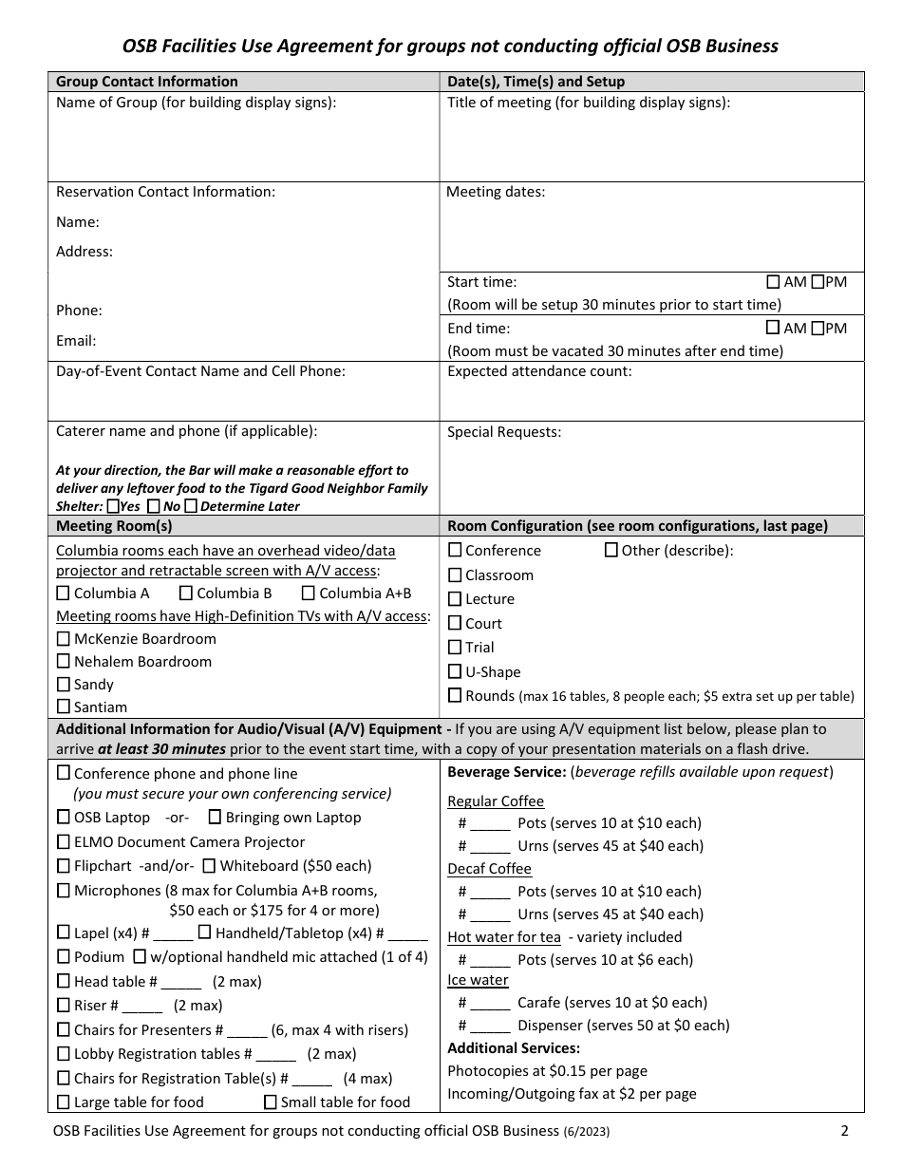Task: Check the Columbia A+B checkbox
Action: click(x=308, y=593)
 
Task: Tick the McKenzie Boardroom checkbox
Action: click(x=64, y=639)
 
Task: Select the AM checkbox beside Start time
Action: click(x=773, y=282)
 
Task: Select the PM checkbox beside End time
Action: click(x=817, y=329)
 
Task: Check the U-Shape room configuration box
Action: click(x=455, y=672)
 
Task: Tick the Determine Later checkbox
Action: click(x=191, y=506)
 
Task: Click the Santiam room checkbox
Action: click(x=64, y=706)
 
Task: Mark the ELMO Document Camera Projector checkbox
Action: click(x=64, y=841)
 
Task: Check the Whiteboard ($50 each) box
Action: click(x=210, y=865)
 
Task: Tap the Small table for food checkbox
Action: click(x=271, y=1102)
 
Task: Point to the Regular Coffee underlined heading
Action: click(x=496, y=801)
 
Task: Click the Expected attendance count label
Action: click(x=539, y=372)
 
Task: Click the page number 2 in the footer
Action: click(x=844, y=1131)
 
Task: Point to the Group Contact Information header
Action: click(x=147, y=82)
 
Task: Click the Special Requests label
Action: click(x=504, y=432)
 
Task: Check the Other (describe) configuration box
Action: click(x=611, y=550)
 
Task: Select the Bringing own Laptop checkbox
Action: click(x=215, y=817)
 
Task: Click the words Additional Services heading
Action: click(x=514, y=1048)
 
